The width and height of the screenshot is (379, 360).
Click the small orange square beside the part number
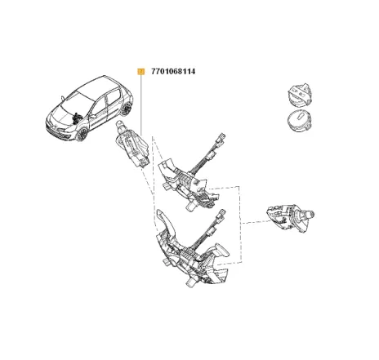[140, 71]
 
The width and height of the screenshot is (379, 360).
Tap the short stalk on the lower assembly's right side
[220, 251]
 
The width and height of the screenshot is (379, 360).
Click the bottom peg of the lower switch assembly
[189, 285]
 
